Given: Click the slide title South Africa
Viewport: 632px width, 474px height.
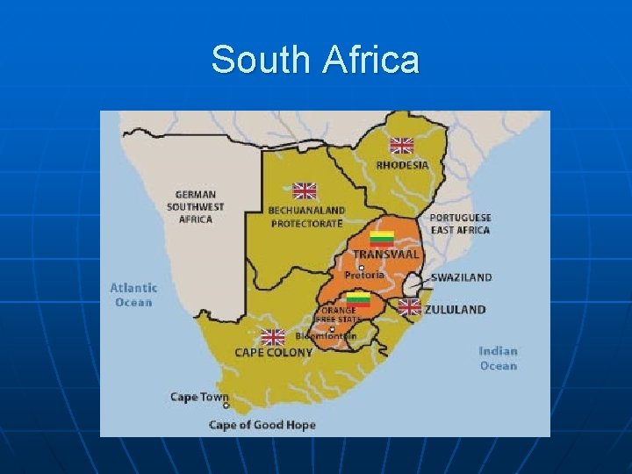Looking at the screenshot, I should (x=315, y=60).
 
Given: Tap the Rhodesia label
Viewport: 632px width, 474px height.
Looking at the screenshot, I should (x=402, y=164).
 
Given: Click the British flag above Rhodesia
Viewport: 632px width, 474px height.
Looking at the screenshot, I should (x=401, y=146).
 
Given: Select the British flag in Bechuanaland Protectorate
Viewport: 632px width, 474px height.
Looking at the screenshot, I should (x=304, y=190).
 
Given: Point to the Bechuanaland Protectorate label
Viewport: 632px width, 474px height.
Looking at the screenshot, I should (x=306, y=217).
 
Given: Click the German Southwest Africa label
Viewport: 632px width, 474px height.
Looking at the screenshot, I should (x=196, y=206).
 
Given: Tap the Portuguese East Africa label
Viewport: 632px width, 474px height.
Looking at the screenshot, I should (x=460, y=223).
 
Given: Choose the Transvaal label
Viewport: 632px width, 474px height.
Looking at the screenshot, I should (x=386, y=255).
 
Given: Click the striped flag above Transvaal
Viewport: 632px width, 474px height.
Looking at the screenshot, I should (x=381, y=238).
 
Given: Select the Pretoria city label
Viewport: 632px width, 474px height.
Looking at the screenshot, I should (x=364, y=275).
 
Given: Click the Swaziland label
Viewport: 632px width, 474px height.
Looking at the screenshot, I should (x=461, y=277).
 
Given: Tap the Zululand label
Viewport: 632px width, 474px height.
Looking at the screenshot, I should (x=454, y=309).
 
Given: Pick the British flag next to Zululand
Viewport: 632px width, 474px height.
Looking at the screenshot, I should (x=409, y=306).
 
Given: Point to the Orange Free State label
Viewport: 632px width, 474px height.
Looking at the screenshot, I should (x=339, y=314).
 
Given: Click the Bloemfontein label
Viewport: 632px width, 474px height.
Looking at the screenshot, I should (x=326, y=336).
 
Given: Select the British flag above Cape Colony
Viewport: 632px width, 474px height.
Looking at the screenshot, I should (x=273, y=337).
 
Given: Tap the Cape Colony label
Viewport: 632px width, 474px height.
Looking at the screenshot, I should (x=273, y=352).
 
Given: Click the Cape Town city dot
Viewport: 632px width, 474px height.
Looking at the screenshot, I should (x=226, y=406).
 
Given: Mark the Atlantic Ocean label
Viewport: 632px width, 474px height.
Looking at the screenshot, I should (x=133, y=294).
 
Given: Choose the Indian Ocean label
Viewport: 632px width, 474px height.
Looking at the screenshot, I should (x=498, y=358).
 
